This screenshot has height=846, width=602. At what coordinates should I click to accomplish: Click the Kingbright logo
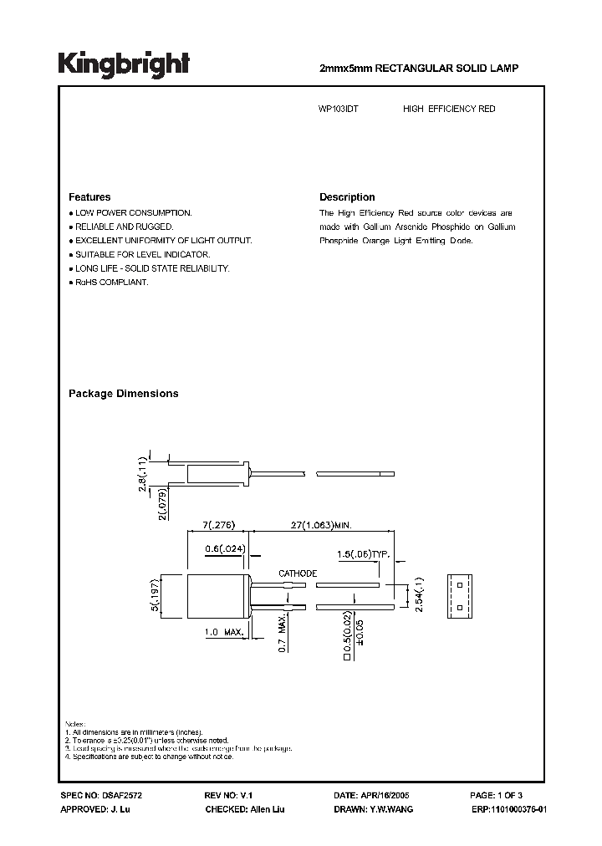[x=124, y=64]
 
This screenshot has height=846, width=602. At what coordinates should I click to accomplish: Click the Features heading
[x=89, y=197]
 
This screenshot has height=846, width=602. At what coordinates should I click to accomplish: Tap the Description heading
[x=347, y=197]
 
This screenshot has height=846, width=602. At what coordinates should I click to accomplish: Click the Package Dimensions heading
[x=123, y=393]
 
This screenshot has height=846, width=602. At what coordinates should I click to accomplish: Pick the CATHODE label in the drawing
[x=297, y=573]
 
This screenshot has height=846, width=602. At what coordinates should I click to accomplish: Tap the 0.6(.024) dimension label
[x=226, y=549]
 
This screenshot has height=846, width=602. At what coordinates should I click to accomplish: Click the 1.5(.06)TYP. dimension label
[x=362, y=554]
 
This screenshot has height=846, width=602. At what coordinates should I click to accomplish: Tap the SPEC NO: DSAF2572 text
[x=96, y=795]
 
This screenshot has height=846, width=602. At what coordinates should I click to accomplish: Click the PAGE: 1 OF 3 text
[x=495, y=795]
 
